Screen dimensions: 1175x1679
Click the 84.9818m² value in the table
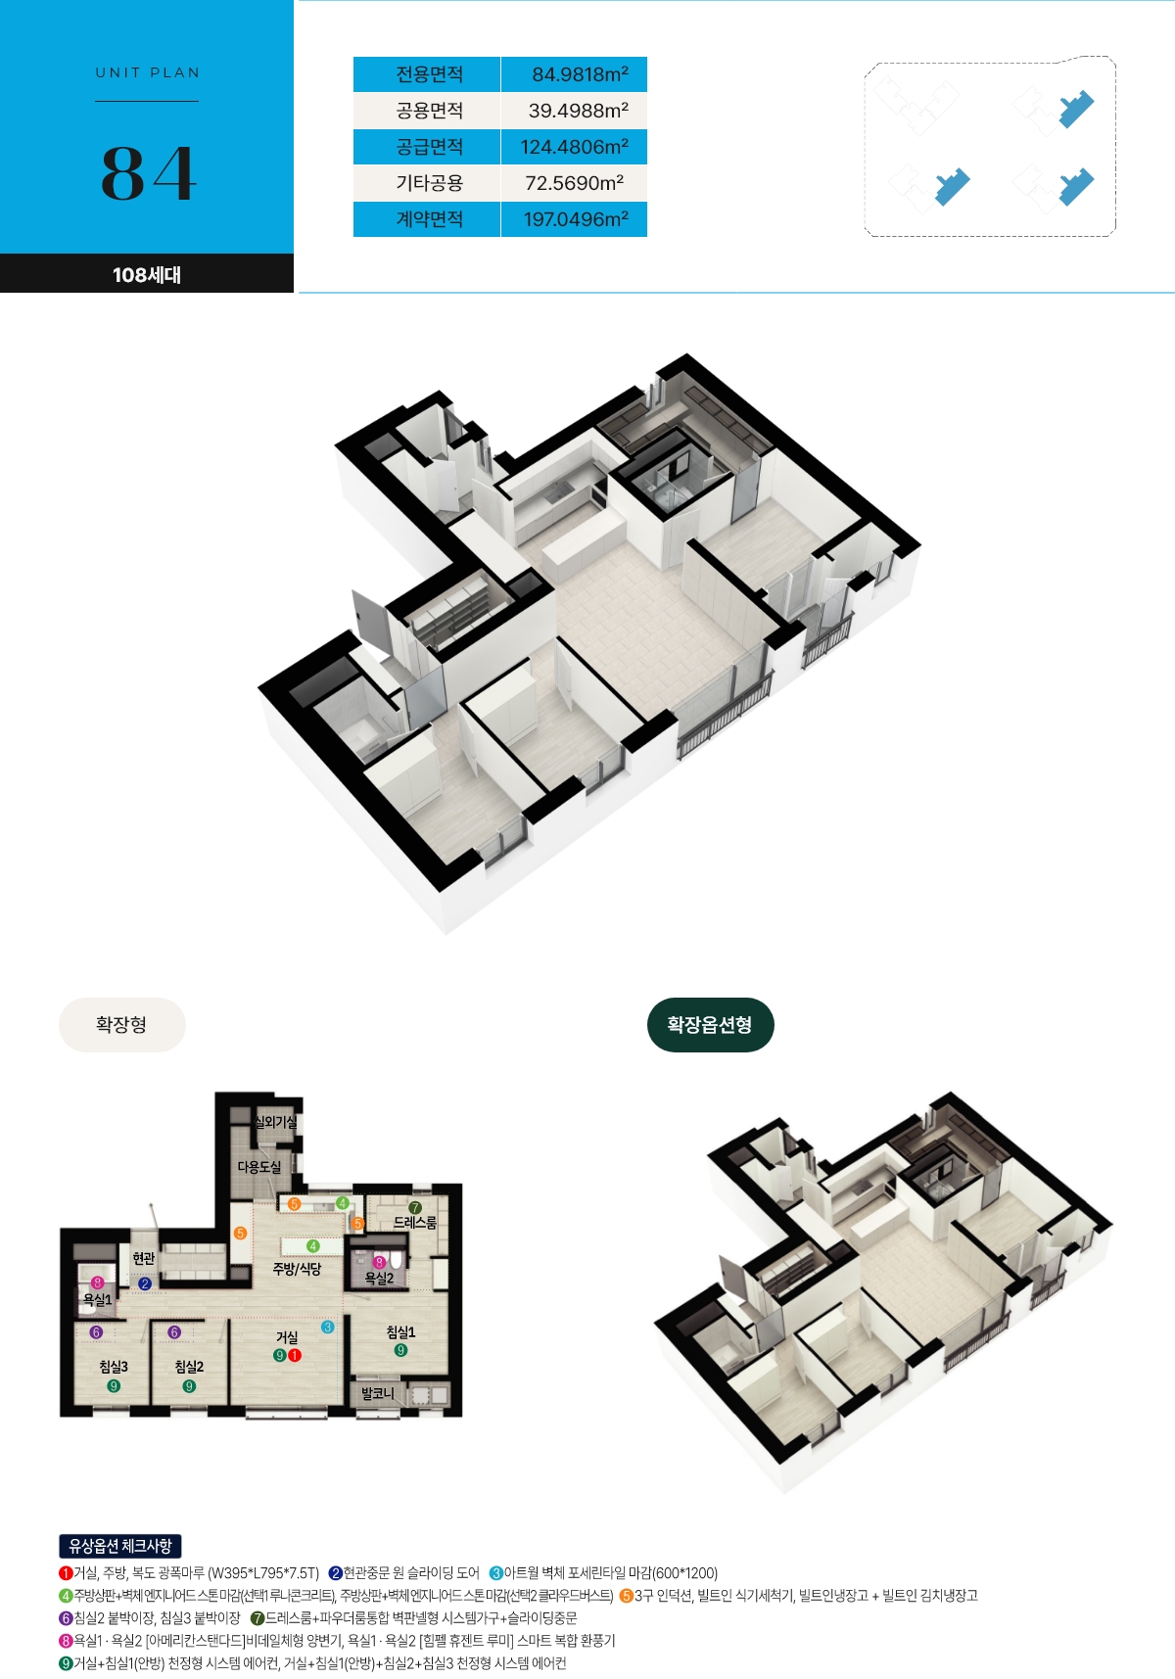580,74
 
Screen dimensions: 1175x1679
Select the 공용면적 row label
429,111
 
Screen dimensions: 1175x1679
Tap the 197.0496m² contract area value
576,219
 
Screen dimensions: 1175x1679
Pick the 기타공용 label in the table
429,183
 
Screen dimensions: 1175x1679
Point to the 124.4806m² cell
575,147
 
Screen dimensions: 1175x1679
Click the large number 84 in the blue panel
149,174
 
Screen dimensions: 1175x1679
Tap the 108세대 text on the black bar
147,275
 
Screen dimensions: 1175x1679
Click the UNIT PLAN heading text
148,72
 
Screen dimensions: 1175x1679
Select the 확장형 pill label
121,1024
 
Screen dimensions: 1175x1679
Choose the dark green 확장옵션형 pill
710,1025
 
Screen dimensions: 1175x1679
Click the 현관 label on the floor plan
144,1258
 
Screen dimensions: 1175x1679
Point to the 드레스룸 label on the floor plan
415,1223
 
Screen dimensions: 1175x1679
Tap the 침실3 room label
114,1367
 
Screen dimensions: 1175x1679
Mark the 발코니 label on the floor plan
377,1393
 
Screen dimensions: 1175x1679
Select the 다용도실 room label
259,1167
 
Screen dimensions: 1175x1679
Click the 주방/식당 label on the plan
297,1269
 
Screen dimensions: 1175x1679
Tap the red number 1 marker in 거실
295,1355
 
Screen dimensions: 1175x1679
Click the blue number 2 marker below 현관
145,1283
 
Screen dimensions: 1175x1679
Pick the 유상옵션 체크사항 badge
120,1546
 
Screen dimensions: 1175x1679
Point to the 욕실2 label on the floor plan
379,1278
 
